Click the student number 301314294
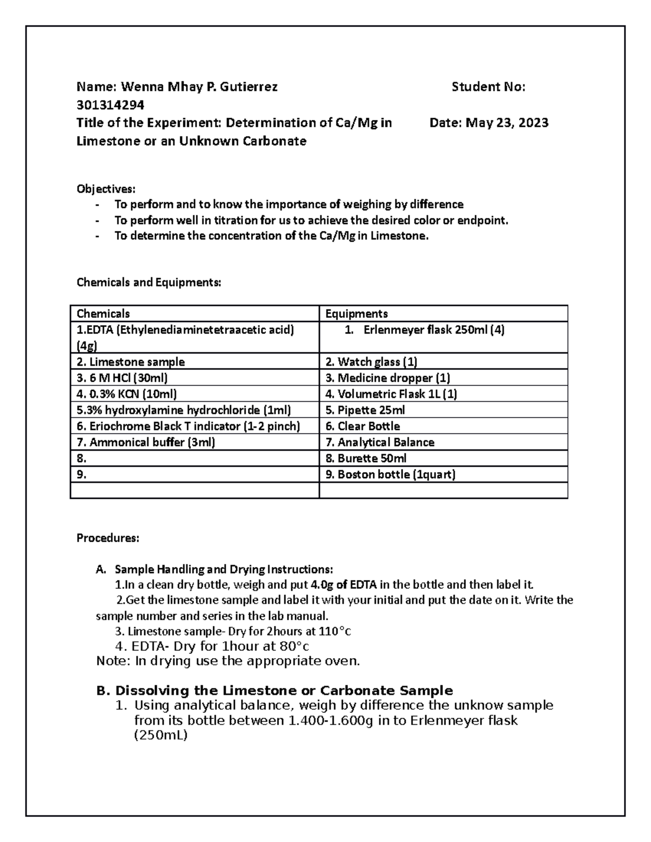tap(110, 105)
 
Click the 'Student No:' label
tap(488, 87)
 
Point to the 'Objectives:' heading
tap(106, 189)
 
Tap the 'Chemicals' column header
tap(103, 313)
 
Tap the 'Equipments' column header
tap(356, 313)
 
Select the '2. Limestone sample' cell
tap(131, 362)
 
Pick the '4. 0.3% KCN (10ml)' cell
tap(126, 394)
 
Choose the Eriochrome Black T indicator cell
tap(188, 426)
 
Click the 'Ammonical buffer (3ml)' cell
tap(146, 442)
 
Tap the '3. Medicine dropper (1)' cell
tap(387, 378)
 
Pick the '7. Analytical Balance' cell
tap(380, 442)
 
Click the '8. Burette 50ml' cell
tap(366, 458)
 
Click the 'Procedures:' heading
tap(108, 538)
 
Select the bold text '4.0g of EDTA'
tap(344, 585)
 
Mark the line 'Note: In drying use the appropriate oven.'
tap(228, 661)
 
